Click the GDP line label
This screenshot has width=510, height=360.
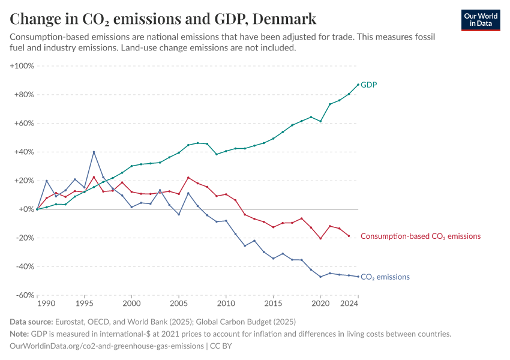[x=368, y=85]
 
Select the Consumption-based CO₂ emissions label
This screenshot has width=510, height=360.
[x=420, y=236]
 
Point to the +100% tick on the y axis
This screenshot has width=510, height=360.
[x=22, y=65]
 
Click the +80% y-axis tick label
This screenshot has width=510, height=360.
[x=24, y=94]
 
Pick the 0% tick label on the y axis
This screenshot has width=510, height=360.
[x=26, y=209]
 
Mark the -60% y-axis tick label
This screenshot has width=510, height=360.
[x=24, y=295]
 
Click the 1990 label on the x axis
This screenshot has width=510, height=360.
[x=46, y=305]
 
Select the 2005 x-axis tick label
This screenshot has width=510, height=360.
[x=179, y=305]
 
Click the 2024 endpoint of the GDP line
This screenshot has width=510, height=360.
[x=358, y=85]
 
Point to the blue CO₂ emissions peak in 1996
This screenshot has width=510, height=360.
[x=94, y=152]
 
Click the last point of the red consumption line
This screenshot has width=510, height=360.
[x=349, y=236]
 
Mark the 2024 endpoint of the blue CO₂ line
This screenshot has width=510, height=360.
[x=358, y=277]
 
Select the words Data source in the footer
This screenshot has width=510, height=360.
[x=32, y=322]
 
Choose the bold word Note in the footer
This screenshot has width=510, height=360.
[x=20, y=334]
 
